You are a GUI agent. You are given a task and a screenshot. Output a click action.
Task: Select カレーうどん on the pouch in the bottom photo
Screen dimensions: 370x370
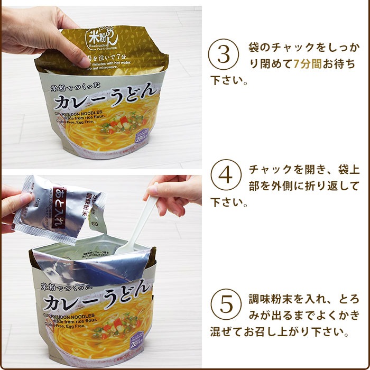click(98, 301)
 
